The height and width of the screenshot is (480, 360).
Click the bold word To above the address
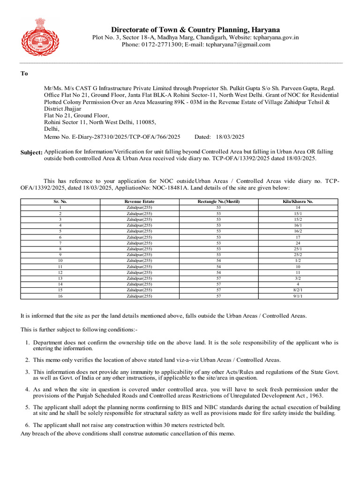[x=24, y=74]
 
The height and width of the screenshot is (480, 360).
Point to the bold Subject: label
[x=31, y=153]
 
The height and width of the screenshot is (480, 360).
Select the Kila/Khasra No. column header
[x=298, y=202]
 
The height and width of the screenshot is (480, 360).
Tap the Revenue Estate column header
[x=139, y=202]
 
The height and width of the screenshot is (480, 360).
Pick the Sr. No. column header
[x=60, y=202]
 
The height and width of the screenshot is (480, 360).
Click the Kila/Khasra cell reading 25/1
[x=298, y=248]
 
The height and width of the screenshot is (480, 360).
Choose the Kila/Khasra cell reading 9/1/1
[x=298, y=296]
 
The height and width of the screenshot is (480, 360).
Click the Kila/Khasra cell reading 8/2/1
[x=298, y=290]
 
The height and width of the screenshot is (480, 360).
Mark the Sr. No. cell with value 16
[x=60, y=296]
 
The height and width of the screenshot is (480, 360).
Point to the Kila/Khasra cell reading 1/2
[x=298, y=260]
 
